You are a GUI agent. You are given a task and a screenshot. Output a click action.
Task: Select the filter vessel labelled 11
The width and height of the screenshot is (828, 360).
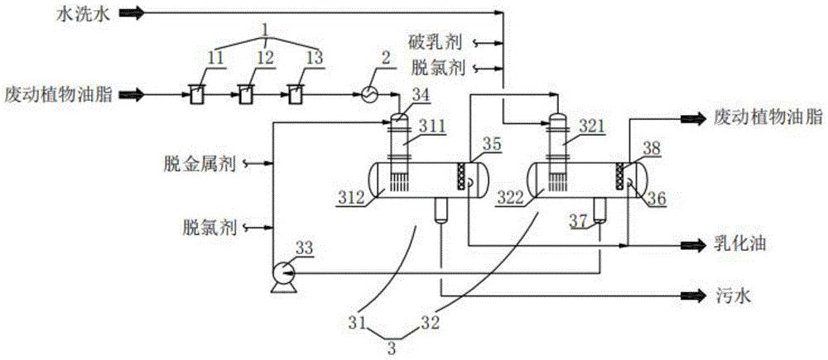click(195, 94)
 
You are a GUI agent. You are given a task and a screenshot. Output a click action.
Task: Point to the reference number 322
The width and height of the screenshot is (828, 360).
click(517, 197)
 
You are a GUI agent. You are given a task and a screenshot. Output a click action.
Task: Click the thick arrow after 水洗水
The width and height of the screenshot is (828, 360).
click(131, 13)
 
